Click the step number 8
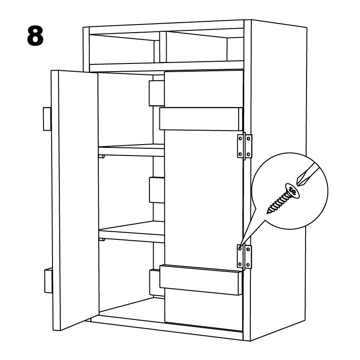click(x=35, y=36)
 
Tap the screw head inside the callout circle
click(x=292, y=190)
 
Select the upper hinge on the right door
click(x=245, y=146)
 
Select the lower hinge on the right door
click(x=245, y=257)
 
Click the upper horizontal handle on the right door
click(x=201, y=119)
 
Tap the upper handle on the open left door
click(x=47, y=119)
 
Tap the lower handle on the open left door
click(x=48, y=281)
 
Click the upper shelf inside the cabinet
click(x=131, y=150)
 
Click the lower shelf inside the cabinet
click(x=132, y=231)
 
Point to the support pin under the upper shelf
click(x=102, y=156)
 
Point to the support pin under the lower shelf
click(x=102, y=239)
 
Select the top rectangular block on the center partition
click(x=157, y=93)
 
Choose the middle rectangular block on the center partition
click(x=157, y=190)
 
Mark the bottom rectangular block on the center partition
click(x=155, y=282)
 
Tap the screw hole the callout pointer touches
click(x=240, y=248)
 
